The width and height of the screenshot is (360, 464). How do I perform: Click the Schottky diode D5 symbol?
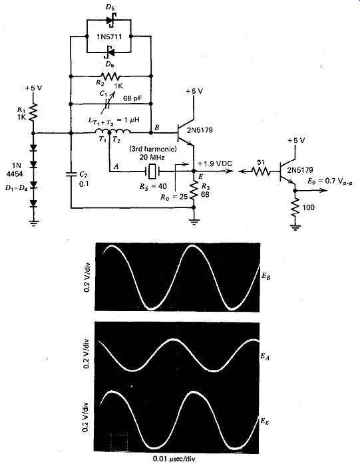coord(110,20)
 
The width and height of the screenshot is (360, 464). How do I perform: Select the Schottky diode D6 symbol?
coord(110,52)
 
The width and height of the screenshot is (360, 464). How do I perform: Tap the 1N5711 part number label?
coord(109,37)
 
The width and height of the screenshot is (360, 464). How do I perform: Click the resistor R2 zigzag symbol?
coord(110,76)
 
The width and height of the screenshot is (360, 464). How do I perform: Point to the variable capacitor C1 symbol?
coord(106,104)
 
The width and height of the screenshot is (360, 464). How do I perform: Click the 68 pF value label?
coord(133,98)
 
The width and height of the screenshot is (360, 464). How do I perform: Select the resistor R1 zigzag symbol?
coord(33,112)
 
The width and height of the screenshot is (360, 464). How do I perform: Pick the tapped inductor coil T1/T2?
coord(112,132)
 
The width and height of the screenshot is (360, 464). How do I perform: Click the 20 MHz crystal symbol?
coord(152,171)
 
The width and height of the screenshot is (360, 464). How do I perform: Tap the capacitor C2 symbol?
coord(71,174)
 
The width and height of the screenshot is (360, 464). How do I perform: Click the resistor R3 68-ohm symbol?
coord(194,189)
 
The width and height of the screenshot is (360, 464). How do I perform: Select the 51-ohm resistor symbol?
coord(261,171)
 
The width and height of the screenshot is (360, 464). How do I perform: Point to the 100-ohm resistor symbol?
coord(295,207)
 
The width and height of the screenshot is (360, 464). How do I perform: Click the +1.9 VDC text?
coord(215,164)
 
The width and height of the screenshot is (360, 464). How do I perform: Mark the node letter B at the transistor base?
coord(157,128)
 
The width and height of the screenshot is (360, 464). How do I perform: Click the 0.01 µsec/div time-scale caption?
coord(174,459)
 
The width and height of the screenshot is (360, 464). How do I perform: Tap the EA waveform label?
coord(266,357)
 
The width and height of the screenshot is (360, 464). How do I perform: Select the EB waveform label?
coord(266,277)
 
